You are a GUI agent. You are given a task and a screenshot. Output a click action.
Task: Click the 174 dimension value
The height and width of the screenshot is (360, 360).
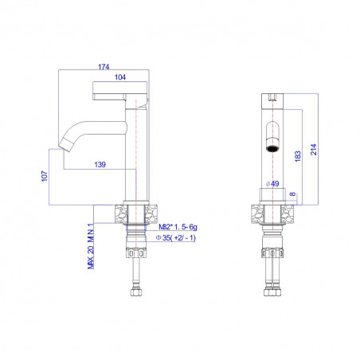coord(104,67)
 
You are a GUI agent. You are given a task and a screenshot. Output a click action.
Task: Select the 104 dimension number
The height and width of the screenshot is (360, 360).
coord(120,77)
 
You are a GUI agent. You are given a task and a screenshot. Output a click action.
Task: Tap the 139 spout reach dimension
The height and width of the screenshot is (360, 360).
coord(100,165)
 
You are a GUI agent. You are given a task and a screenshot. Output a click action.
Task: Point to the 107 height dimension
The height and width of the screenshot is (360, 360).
coord(45,176)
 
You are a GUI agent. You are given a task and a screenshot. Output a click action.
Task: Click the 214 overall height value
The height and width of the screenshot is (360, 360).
coord(314,150)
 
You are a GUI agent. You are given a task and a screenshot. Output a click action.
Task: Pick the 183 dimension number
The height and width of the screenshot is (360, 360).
coord(298,156)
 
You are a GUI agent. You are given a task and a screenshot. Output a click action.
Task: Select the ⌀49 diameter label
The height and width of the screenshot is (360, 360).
coord(272,183)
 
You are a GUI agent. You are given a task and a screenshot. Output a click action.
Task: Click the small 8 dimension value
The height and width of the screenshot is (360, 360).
coord(292,194)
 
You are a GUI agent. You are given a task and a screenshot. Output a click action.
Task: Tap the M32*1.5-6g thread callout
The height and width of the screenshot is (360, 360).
coord(178,227)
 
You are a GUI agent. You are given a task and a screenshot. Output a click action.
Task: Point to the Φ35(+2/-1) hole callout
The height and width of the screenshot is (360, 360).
coord(176,238)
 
